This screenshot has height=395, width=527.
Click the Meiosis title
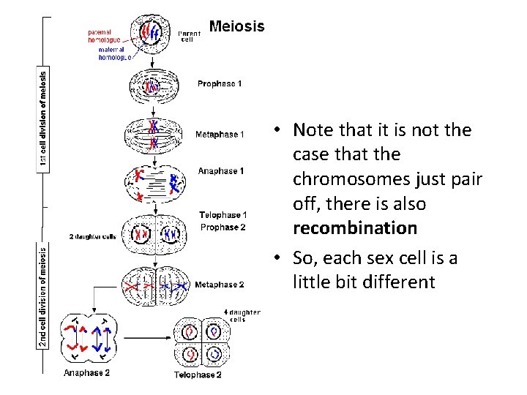click(x=236, y=27)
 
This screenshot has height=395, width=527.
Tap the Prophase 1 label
click(x=219, y=84)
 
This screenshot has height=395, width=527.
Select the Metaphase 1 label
click(x=220, y=135)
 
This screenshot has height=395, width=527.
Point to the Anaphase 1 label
click(x=220, y=171)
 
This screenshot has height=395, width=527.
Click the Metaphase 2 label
click(x=220, y=285)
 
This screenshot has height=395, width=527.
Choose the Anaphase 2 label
click(x=87, y=373)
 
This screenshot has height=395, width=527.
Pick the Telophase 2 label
click(x=197, y=375)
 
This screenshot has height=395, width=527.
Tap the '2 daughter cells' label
click(x=92, y=237)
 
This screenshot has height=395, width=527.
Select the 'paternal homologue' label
click(x=104, y=36)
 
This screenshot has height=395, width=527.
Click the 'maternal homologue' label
click(x=115, y=53)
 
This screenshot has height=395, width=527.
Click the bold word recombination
click(x=354, y=228)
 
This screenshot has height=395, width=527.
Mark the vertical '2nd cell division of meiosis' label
click(x=43, y=296)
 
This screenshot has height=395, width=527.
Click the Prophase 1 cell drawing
click(x=152, y=87)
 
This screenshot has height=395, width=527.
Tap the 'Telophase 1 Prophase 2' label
click(x=223, y=221)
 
